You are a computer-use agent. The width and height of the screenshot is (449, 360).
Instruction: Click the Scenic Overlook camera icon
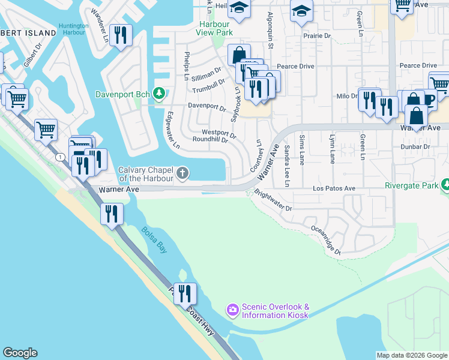tap(232, 310)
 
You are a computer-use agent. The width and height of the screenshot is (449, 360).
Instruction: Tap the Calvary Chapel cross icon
tap(183, 174)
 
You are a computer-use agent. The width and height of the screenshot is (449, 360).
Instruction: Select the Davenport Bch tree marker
tap(159, 94)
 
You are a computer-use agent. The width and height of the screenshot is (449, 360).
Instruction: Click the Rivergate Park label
tap(411, 186)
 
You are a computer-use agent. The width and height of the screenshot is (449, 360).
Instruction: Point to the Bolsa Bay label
tap(154, 239)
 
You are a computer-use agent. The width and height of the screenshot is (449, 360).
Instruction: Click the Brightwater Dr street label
tap(273, 201)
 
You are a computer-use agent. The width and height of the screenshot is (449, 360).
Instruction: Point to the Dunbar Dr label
tap(418, 146)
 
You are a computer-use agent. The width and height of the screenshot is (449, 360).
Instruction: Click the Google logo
tap(20, 353)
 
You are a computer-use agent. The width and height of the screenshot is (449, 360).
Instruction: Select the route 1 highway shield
tap(61, 157)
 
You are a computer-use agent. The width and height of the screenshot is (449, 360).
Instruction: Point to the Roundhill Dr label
tap(210, 140)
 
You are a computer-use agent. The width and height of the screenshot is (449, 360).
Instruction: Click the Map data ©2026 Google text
tap(412, 355)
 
